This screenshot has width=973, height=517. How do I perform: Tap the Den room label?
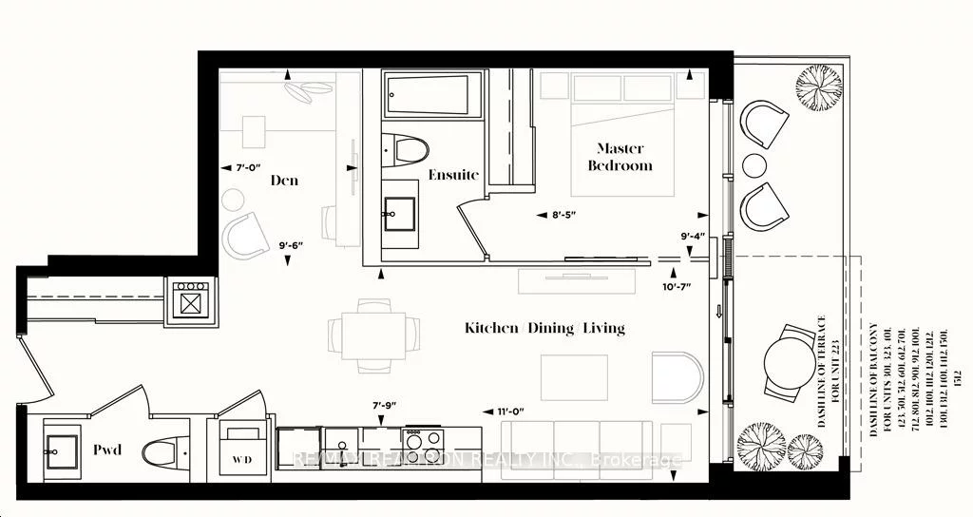tap(285, 180)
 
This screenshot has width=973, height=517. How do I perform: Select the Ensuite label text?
tap(452, 174)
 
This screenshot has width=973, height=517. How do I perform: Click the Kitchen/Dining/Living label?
tap(544, 328)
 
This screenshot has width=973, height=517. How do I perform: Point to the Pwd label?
tap(107, 450)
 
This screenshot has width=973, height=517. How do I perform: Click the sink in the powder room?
tap(63, 447)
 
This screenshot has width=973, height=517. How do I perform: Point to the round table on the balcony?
tap(795, 362)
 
